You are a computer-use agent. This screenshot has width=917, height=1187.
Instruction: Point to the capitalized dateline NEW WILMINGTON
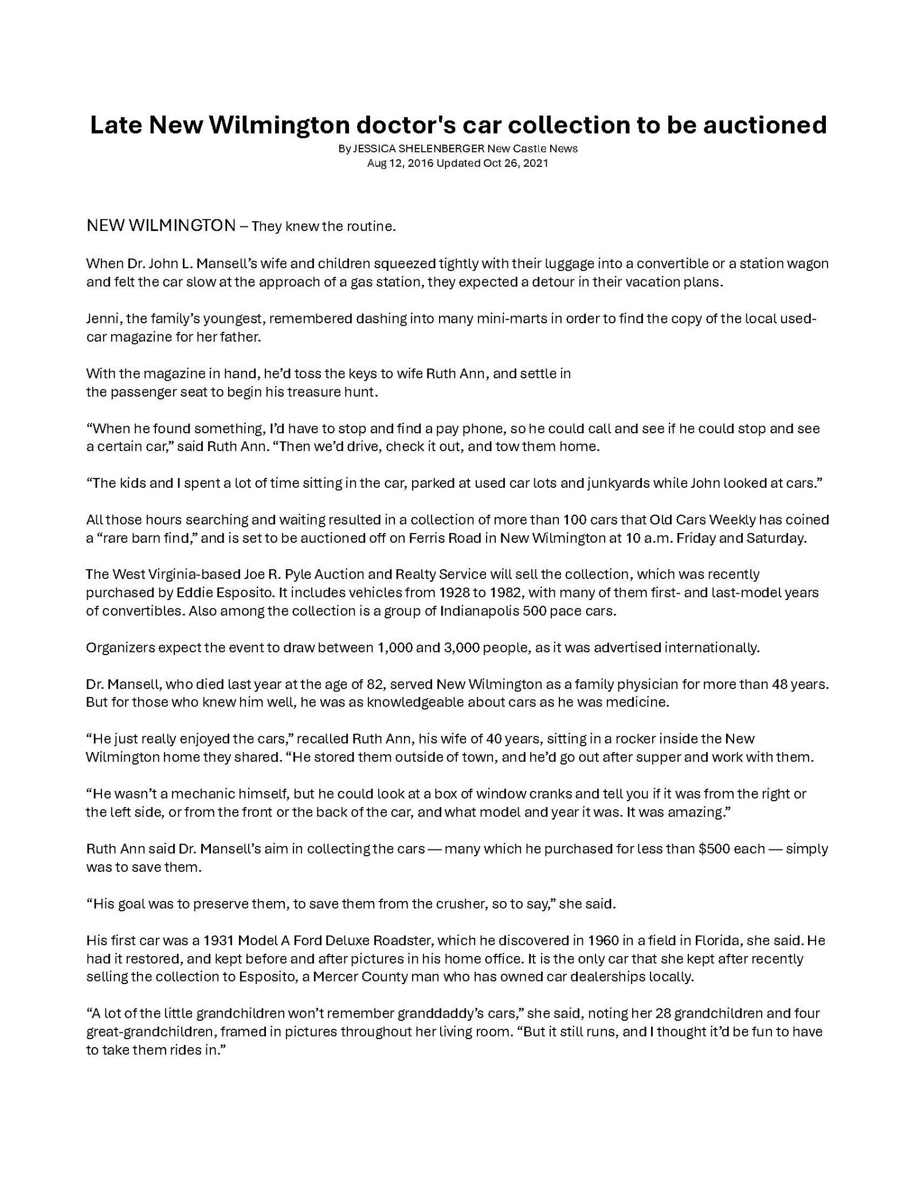tap(160, 226)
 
